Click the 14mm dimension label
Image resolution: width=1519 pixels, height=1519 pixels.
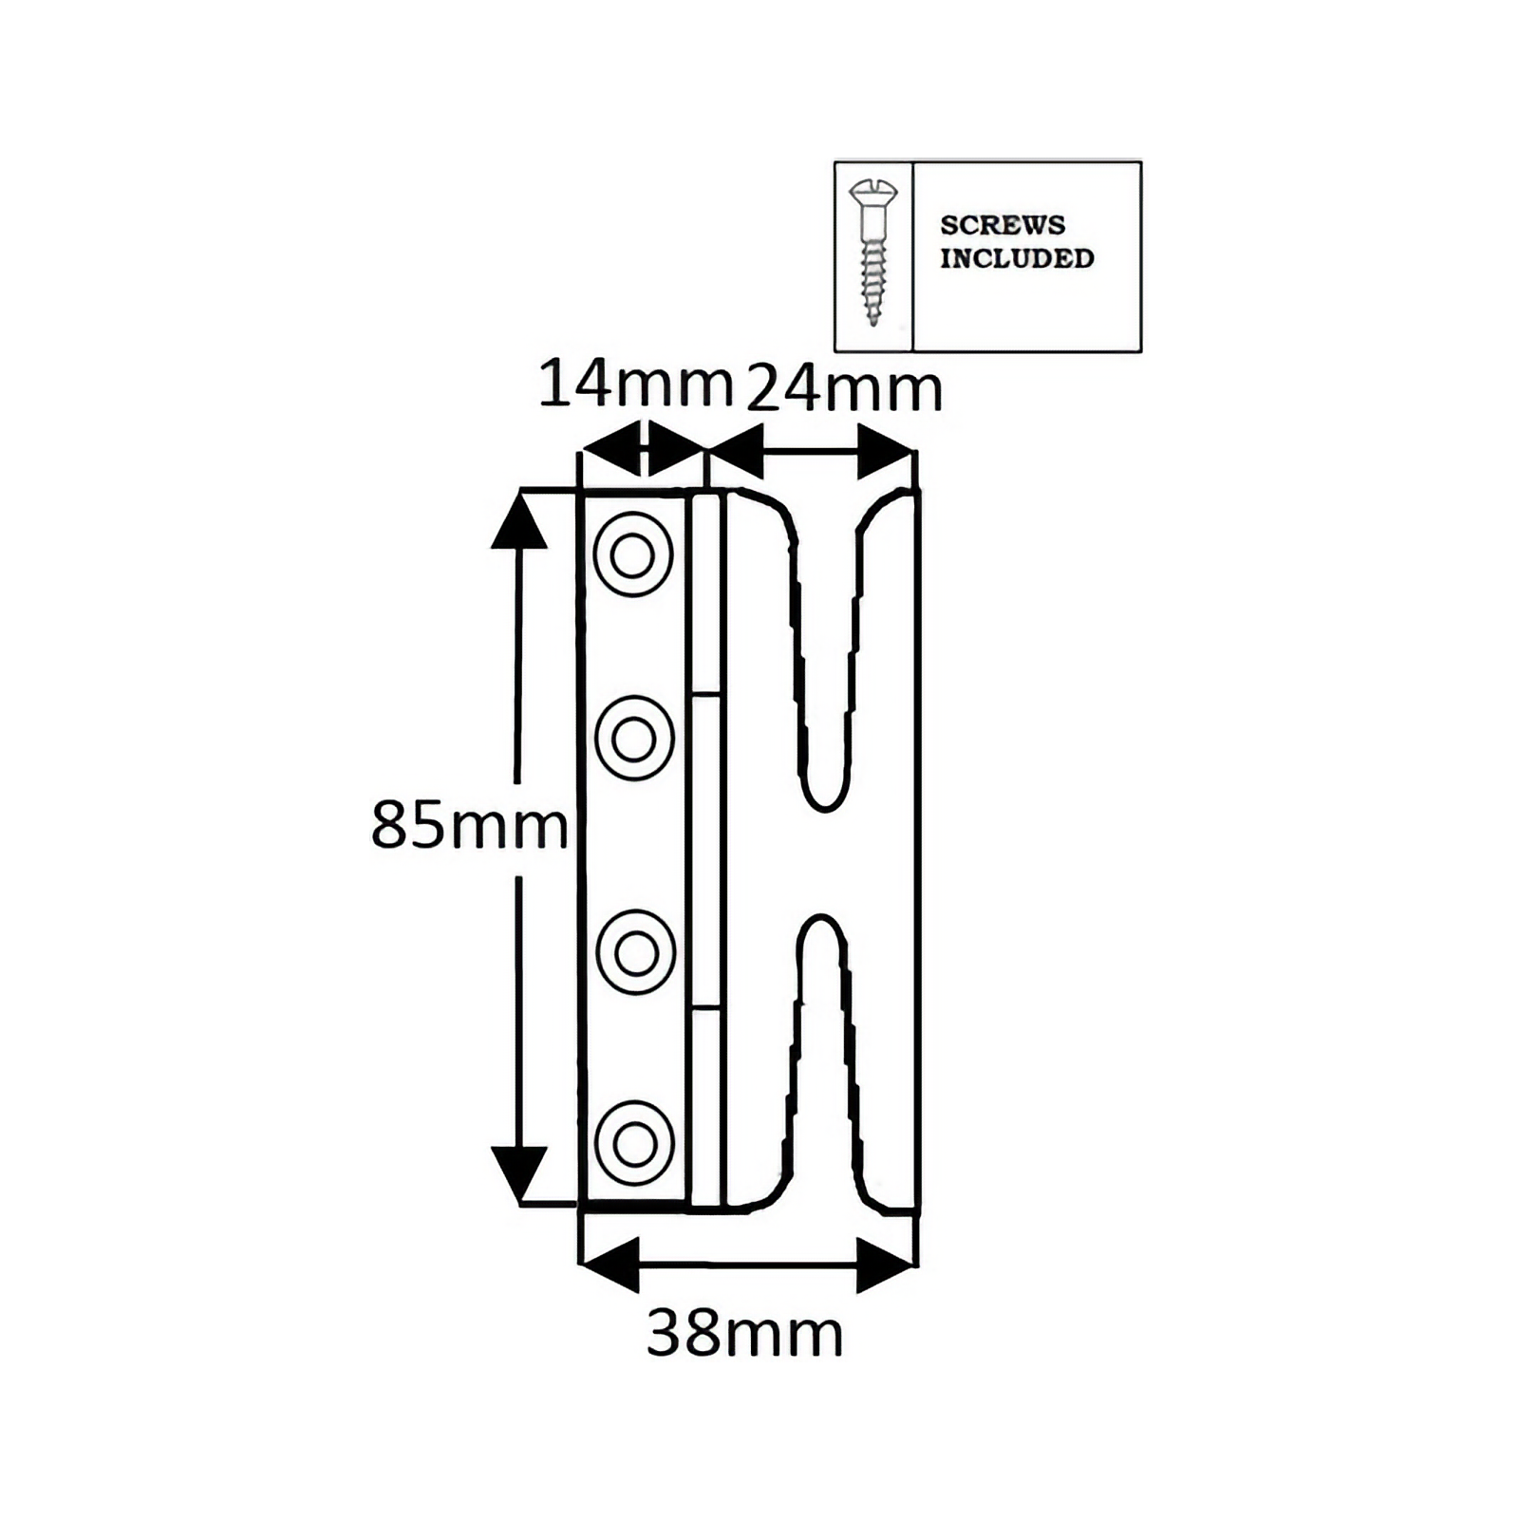click(636, 385)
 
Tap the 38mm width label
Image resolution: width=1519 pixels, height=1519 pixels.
click(744, 1334)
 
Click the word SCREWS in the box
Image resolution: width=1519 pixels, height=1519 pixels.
click(1003, 225)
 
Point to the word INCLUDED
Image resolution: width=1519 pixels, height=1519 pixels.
click(1017, 258)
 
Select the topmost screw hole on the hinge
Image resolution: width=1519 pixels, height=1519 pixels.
click(633, 554)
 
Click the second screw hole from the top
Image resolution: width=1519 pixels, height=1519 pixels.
click(634, 739)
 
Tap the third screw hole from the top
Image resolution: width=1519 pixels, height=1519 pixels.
click(635, 952)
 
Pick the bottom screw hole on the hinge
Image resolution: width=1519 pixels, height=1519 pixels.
click(635, 1144)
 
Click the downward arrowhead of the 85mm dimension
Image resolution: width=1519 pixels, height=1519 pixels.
click(518, 1175)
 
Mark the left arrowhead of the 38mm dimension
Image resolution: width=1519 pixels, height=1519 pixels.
click(609, 1265)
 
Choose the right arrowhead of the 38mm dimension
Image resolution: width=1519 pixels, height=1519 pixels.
click(886, 1265)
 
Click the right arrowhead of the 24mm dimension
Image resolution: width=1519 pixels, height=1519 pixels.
click(886, 451)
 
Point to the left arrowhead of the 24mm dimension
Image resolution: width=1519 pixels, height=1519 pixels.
click(735, 451)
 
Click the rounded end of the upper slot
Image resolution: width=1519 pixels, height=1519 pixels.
click(824, 807)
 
